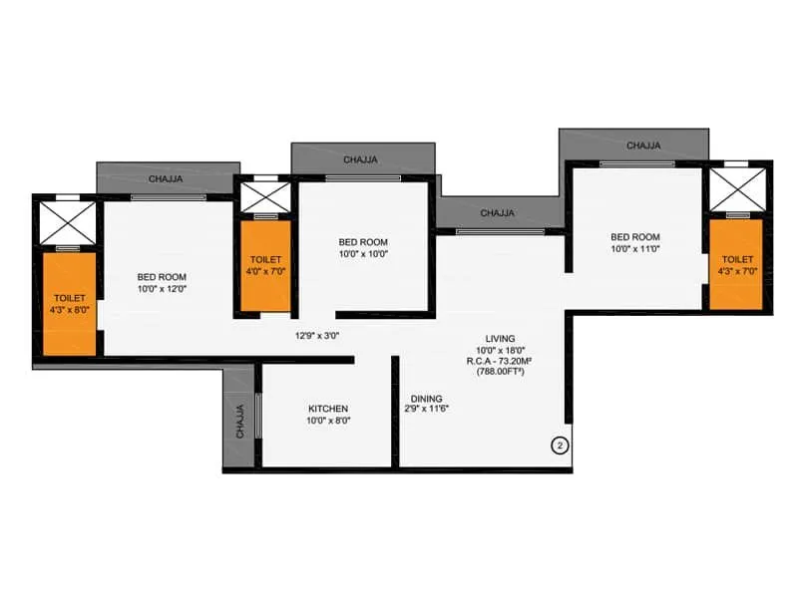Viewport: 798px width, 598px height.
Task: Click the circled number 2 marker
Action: coord(560,445)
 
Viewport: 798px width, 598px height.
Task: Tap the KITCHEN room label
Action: coord(327,409)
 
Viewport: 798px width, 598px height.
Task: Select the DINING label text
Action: coord(425,398)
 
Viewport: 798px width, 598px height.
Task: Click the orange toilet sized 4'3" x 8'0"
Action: coord(69,304)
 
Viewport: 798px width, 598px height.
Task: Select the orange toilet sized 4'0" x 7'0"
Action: coord(265,265)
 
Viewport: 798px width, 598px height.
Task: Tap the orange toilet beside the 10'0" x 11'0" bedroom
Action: coord(737,265)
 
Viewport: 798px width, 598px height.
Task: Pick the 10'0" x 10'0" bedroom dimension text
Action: coord(362,254)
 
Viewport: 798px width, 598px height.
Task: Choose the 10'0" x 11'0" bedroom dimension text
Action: coord(635,250)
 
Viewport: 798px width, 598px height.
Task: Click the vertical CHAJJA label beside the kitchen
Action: coord(239,420)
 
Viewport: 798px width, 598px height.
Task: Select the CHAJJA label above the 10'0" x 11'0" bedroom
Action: coord(643,146)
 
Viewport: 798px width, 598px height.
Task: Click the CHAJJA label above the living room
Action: coord(498,213)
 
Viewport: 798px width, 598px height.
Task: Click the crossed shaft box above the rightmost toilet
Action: coord(737,186)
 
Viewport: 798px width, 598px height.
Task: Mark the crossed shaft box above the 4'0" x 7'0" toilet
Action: coord(265,195)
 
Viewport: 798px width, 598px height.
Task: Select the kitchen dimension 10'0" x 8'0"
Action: coord(327,422)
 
